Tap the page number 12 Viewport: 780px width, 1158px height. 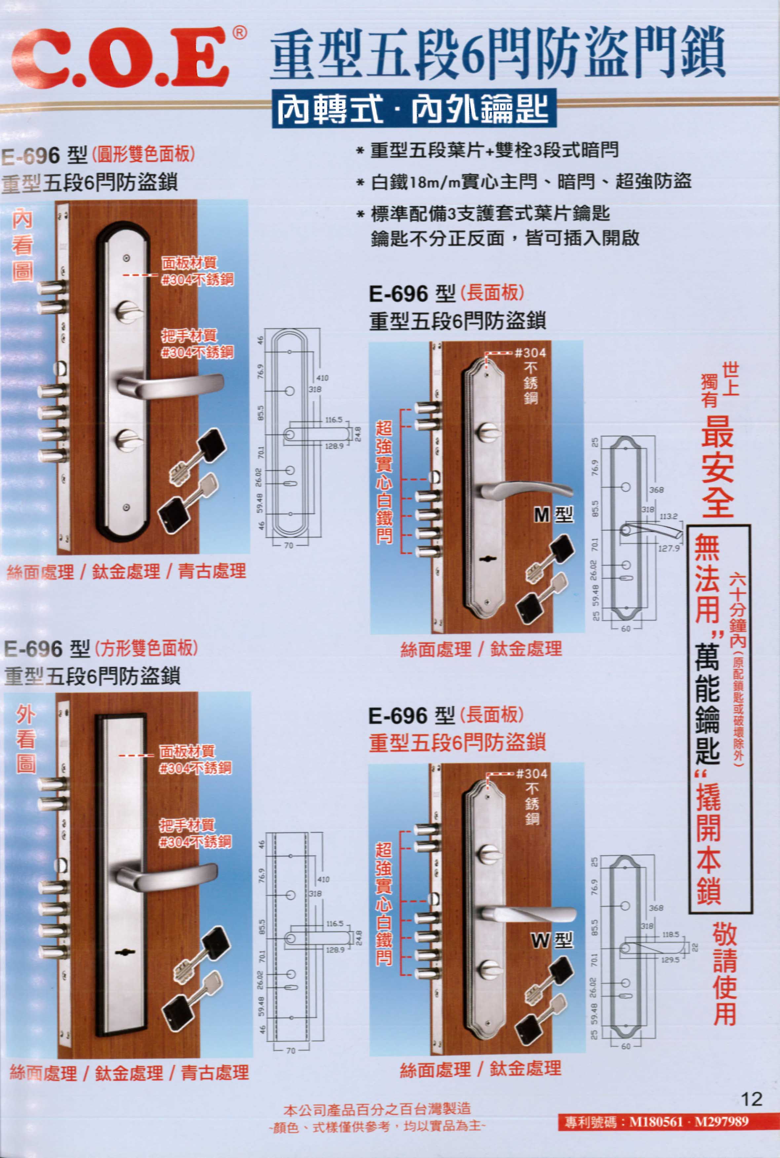click(751, 1098)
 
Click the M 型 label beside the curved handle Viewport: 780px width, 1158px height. click(553, 514)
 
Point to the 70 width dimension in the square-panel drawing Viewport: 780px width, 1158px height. click(290, 1051)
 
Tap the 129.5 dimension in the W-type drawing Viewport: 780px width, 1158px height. click(670, 960)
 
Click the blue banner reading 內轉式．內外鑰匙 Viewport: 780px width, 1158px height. click(414, 109)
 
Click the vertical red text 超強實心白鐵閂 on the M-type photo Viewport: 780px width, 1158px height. click(384, 482)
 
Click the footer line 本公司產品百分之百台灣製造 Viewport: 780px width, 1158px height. click(377, 1108)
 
